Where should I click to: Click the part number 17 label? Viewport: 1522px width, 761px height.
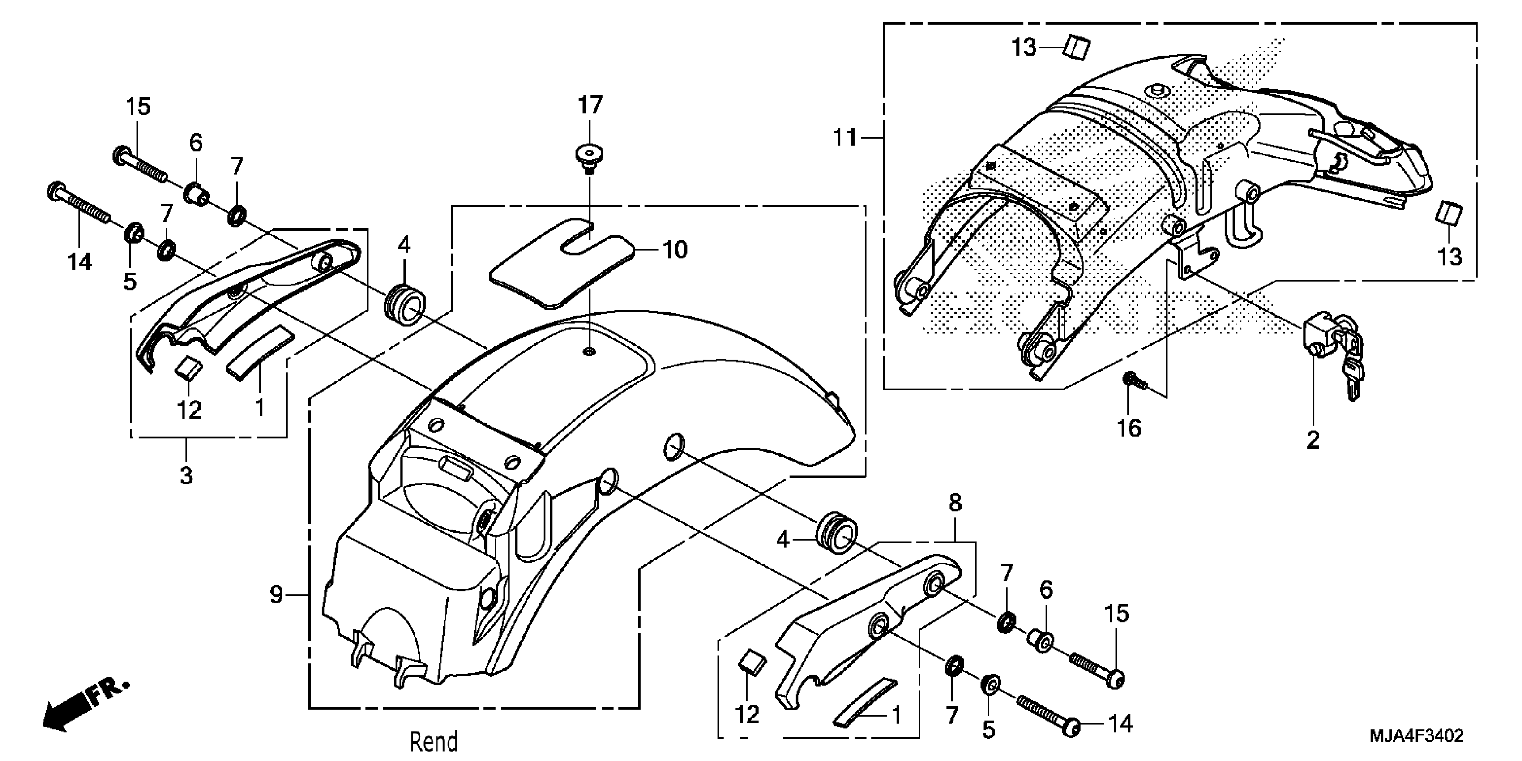[x=590, y=105]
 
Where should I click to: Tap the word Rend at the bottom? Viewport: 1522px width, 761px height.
[x=434, y=741]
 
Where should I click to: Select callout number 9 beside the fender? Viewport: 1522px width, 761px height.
[x=276, y=594]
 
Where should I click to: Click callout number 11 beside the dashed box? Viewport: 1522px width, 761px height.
[x=844, y=138]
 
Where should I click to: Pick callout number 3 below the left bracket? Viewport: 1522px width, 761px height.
[x=186, y=475]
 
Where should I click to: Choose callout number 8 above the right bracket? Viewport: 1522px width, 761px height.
[x=955, y=503]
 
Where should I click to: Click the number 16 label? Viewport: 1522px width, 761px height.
[x=1129, y=428]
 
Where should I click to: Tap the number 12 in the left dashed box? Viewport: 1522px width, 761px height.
[x=189, y=410]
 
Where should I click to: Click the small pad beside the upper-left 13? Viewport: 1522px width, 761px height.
[x=1077, y=47]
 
